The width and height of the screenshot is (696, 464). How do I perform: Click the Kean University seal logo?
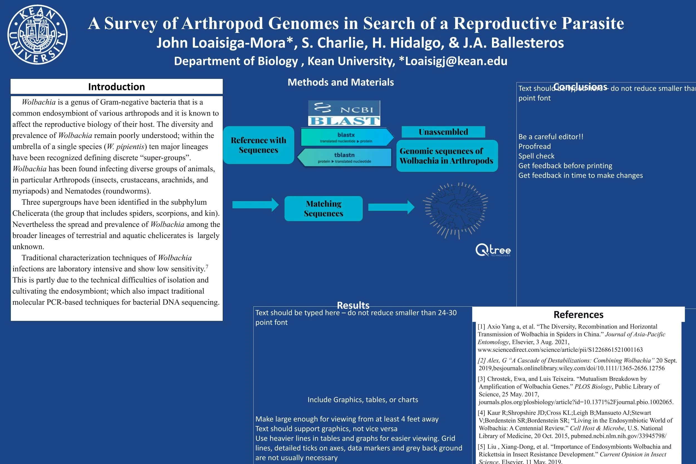coord(37,35)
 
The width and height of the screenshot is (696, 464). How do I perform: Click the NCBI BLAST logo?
coord(344,113)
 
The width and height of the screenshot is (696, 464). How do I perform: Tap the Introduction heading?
coord(117,87)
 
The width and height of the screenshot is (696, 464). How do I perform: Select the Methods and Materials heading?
coord(340,82)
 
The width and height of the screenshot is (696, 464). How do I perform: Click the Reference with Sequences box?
coord(259,145)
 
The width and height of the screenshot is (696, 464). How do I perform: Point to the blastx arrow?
coord(347,137)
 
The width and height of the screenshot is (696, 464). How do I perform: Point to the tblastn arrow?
coord(344,157)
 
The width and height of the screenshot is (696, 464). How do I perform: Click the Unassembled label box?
coord(443,132)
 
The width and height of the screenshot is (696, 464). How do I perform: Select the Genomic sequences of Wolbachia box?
coord(447,156)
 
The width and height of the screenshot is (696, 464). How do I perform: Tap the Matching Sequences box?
coord(323,209)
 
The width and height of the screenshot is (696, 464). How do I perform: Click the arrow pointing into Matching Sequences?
coord(255,205)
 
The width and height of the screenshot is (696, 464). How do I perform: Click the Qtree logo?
coord(493,250)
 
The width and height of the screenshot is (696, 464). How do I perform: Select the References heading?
coord(578,314)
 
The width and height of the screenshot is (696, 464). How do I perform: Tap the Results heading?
coord(353,305)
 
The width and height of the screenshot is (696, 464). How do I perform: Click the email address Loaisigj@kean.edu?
coord(456,61)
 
